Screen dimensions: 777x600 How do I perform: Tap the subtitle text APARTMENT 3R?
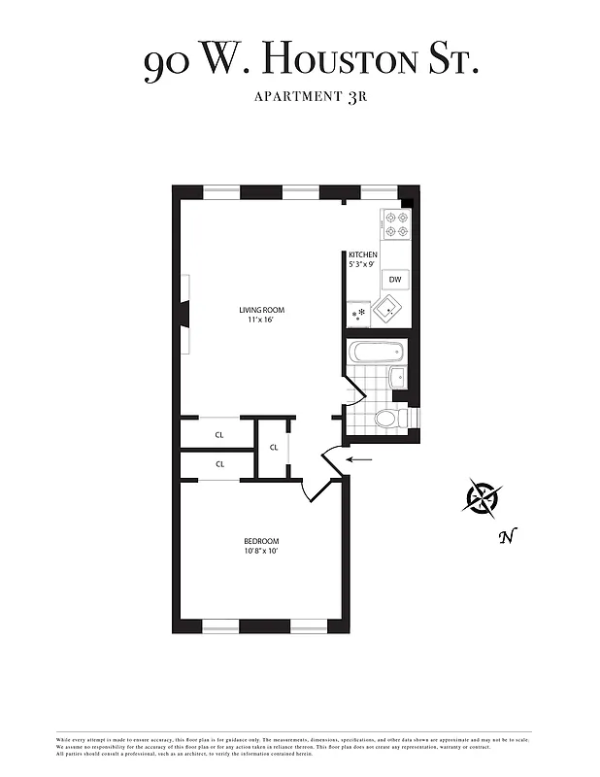pos(300,96)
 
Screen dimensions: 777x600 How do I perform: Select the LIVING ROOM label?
pos(262,311)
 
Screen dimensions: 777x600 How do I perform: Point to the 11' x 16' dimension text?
pos(262,321)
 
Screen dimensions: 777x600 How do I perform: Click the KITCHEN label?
pos(363,254)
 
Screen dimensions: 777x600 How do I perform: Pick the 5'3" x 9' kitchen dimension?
pos(363,264)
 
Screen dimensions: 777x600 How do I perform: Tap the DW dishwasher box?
pos(395,280)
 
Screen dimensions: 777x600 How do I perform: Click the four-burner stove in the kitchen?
pos(396,225)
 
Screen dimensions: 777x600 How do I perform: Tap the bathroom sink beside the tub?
pos(396,378)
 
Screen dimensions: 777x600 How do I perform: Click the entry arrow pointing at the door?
pos(359,459)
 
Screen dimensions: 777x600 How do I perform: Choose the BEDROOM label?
pos(261,541)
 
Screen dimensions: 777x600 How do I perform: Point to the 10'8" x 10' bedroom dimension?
pos(261,552)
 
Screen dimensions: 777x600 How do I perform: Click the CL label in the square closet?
pos(274,448)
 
